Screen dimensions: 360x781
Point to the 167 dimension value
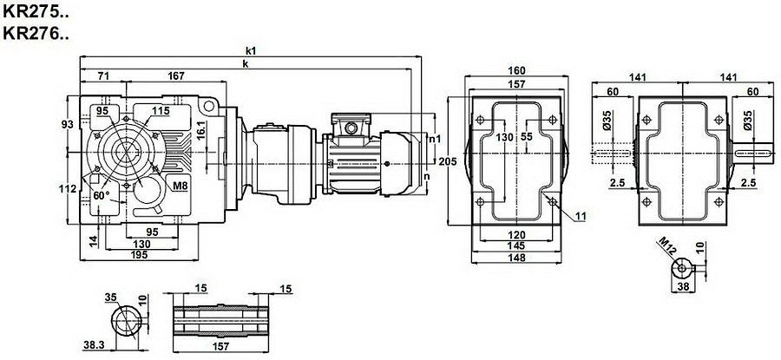(x=176, y=75)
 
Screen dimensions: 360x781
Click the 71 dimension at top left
(x=102, y=75)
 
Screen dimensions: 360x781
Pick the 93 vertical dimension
(x=69, y=124)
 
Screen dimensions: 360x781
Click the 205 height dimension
(x=447, y=162)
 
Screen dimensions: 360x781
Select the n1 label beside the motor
(x=436, y=138)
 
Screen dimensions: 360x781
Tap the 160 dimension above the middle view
(x=517, y=72)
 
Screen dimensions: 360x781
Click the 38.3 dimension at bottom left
(x=95, y=345)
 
